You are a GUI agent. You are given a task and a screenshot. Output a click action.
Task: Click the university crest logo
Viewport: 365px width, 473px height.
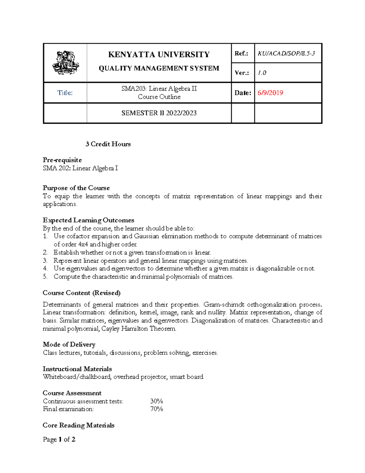click(66, 63)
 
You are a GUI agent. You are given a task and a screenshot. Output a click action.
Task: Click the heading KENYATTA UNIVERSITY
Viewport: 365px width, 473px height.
click(159, 55)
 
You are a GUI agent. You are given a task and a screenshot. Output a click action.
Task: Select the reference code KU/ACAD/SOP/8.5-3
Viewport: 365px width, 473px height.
click(286, 53)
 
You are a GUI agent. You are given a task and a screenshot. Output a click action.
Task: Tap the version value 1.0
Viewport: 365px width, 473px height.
click(262, 73)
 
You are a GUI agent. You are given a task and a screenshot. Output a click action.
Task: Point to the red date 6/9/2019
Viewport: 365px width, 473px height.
click(270, 93)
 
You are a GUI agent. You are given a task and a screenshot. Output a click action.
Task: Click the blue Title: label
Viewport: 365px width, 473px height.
click(65, 93)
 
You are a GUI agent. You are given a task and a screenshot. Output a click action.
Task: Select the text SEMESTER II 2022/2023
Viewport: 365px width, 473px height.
click(159, 113)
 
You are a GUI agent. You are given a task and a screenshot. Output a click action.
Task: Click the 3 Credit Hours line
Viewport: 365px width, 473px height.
click(108, 144)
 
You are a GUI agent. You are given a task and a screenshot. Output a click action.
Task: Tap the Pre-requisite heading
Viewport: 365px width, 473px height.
click(62, 160)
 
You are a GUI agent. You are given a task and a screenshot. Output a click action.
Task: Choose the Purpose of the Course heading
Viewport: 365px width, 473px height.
click(76, 188)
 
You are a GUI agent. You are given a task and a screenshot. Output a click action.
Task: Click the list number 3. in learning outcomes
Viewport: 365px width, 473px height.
click(45, 261)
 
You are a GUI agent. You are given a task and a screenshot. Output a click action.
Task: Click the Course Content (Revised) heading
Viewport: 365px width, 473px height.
click(82, 293)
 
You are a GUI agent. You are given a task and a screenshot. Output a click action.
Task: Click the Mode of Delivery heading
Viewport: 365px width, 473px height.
click(69, 344)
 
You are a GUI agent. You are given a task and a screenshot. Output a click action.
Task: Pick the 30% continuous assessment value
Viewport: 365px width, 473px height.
click(157, 401)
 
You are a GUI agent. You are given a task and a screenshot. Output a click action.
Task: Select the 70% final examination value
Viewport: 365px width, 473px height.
click(157, 409)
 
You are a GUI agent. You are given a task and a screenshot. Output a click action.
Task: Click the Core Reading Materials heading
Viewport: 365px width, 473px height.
click(78, 425)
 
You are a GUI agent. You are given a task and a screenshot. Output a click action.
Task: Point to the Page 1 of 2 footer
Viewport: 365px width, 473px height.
click(59, 439)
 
